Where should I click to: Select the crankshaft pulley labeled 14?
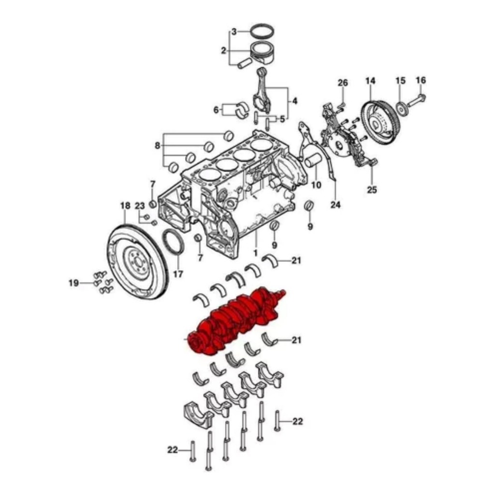click(380, 122)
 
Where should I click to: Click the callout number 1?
click(255, 253)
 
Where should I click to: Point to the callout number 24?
click(335, 204)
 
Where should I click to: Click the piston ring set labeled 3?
click(262, 31)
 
